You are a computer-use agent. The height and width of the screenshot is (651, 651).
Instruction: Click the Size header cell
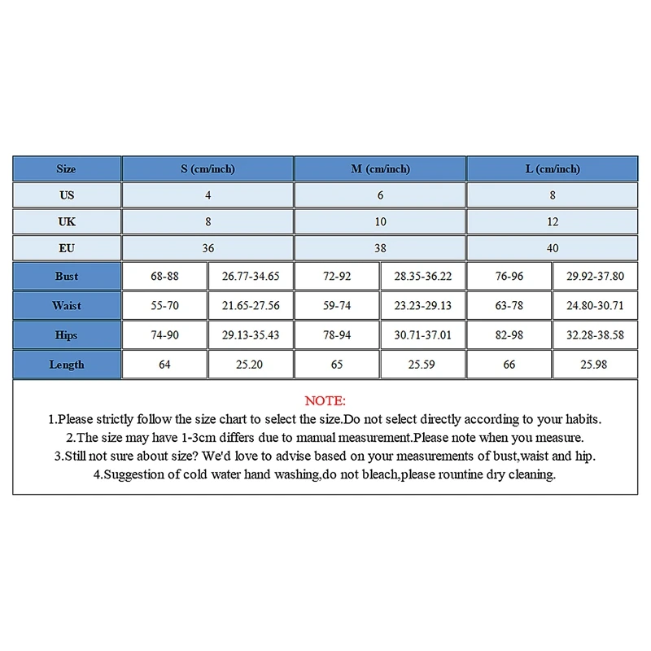[67, 169]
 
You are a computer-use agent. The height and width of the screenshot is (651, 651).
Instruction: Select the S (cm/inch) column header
[208, 169]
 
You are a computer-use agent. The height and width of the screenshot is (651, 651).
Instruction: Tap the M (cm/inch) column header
[380, 169]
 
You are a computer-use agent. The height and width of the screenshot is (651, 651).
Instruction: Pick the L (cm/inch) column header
[553, 169]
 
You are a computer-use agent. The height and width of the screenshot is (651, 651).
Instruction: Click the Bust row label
[67, 277]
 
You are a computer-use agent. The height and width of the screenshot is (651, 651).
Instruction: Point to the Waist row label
[67, 306]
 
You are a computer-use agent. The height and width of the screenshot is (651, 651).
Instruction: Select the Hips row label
[67, 335]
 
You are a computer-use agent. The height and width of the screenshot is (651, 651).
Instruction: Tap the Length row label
[67, 365]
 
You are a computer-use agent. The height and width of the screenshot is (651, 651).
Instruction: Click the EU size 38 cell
[380, 247]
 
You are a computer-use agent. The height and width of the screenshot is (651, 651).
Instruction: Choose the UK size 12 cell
[553, 221]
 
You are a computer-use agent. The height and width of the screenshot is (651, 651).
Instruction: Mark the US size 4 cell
[208, 195]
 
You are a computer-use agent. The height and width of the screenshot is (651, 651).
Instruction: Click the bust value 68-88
[164, 277]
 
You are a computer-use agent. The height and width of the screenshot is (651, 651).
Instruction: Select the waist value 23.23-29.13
[422, 306]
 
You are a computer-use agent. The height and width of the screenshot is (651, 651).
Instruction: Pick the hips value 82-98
[509, 335]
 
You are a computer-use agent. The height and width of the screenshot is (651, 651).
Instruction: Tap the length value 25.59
[422, 365]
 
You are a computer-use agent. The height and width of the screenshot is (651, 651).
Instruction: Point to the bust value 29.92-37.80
[595, 277]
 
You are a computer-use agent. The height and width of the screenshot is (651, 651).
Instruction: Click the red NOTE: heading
[325, 401]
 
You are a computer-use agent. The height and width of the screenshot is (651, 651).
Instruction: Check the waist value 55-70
[164, 306]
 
